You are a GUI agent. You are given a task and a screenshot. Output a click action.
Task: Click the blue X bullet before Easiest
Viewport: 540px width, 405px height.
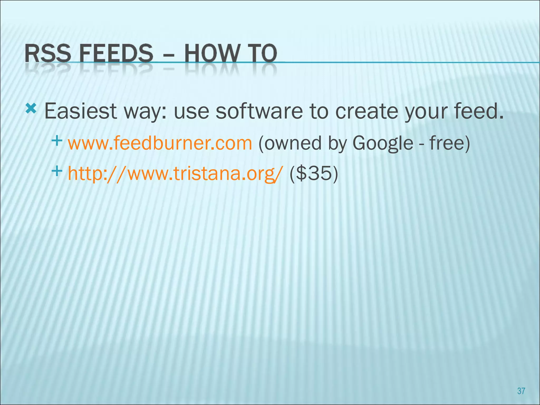[x=31, y=109]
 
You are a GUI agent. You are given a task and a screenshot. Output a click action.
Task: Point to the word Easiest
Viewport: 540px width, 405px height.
[x=81, y=111]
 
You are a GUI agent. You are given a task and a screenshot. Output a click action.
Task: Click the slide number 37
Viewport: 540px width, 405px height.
[x=521, y=391]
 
